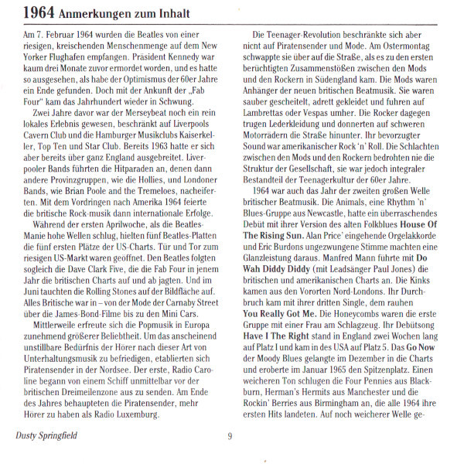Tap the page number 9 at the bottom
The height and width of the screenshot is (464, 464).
point(230,436)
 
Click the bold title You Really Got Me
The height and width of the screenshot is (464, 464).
point(290,315)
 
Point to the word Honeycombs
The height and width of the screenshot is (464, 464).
point(360,315)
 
